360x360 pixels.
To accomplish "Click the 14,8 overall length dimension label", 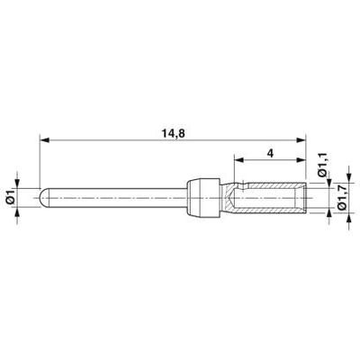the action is tap(174, 133).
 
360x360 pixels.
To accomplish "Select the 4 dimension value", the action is tap(270, 153).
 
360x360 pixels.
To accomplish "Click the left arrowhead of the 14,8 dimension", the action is tap(44, 139).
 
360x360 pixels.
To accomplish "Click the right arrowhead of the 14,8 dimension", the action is tap(301, 139).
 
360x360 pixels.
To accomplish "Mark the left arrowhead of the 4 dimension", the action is tap(238, 160).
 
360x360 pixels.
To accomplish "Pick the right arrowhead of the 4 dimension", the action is tap(301, 160).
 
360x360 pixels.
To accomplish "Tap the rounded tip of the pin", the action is tap(42, 199).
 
